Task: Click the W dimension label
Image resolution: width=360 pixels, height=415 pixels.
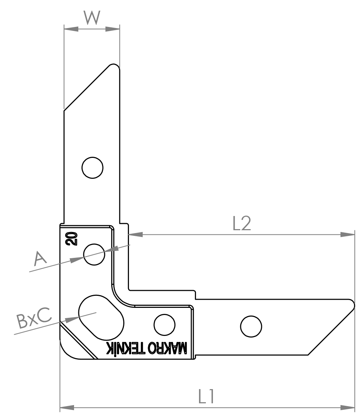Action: click(92, 17)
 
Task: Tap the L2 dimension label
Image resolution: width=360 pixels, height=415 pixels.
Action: click(242, 223)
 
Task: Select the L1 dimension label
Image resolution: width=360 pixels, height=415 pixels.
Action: click(206, 396)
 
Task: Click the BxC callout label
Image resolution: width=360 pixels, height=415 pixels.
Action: click(34, 317)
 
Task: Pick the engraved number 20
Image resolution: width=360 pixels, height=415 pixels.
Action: click(72, 238)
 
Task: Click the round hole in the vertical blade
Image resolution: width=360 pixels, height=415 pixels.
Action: click(92, 168)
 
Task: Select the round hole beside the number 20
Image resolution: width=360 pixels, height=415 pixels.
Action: click(94, 254)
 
